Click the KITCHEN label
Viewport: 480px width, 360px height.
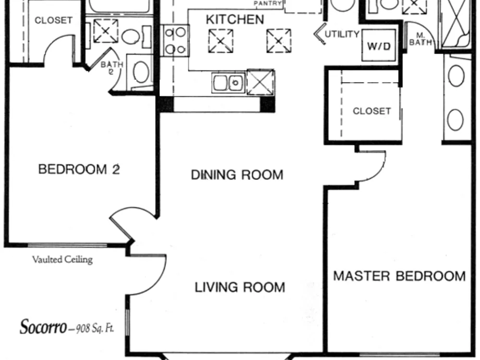pos(235,20)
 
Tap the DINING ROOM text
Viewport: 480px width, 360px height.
pos(237,175)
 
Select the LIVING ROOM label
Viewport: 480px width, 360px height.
pos(240,287)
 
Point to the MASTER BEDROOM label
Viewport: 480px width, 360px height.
pos(399,276)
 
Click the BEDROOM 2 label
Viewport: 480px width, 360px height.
pos(79,169)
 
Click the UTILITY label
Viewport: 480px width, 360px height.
pos(342,34)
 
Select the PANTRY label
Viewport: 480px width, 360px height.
pos(268,4)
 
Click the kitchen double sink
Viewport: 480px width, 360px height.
pos(228,83)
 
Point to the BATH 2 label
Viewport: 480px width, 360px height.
pos(112,68)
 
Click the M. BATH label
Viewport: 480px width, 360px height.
pos(420,40)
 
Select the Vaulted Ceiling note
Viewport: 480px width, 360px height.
pos(62,260)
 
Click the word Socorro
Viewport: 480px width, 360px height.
pos(43,327)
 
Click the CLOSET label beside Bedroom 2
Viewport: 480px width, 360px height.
pos(54,20)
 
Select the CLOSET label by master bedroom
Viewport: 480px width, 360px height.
pos(372,111)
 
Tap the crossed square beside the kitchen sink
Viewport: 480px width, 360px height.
pos(261,83)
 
